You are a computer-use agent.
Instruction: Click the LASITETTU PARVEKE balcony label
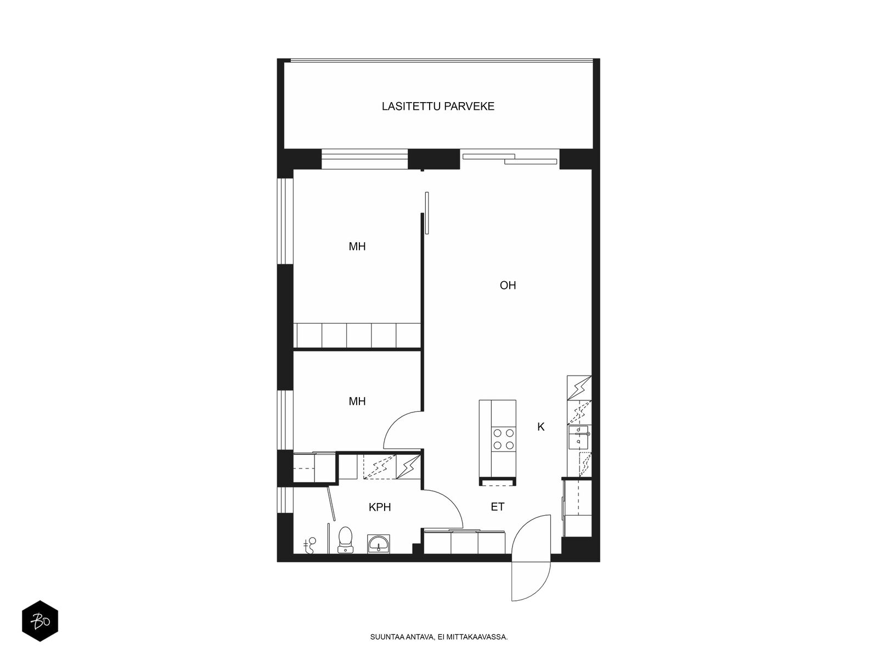click(x=437, y=107)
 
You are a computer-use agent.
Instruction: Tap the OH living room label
click(x=508, y=285)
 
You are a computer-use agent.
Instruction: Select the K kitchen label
click(x=541, y=427)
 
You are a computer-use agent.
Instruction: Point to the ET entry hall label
click(x=497, y=507)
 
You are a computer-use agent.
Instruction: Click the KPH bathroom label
click(x=380, y=507)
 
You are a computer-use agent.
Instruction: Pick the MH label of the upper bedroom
click(x=357, y=247)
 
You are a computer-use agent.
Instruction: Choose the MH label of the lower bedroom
click(x=357, y=401)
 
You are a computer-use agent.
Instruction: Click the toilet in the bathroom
click(x=345, y=540)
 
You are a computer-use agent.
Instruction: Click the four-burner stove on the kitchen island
click(x=504, y=439)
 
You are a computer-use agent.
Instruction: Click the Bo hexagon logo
click(x=40, y=621)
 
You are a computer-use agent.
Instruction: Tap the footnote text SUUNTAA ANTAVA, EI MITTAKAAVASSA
click(x=439, y=637)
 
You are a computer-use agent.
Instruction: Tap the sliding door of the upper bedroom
click(x=427, y=213)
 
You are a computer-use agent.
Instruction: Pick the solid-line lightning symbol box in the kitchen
click(x=579, y=388)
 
